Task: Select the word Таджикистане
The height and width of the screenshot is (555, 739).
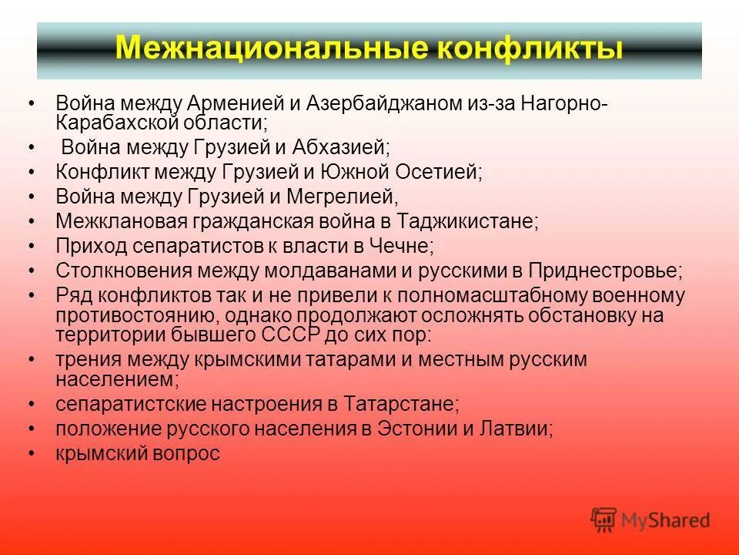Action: (467, 221)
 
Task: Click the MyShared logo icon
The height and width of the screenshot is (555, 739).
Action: (604, 520)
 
